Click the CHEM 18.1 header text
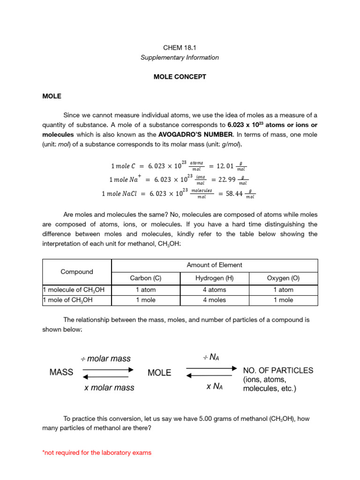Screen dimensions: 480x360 [x=180, y=47]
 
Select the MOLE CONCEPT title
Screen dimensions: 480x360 [x=180, y=76]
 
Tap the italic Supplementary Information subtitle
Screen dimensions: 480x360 [x=180, y=57]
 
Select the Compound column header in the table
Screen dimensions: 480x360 [x=77, y=271]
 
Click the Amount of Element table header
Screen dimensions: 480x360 [x=214, y=265]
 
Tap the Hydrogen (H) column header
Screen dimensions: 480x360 [x=214, y=278]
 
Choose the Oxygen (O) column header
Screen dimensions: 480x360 [x=283, y=278]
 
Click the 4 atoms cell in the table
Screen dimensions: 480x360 [x=214, y=290]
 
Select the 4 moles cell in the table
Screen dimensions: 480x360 [x=214, y=300]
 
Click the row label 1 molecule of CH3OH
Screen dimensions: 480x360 [x=73, y=290]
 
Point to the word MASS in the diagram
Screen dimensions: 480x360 [x=61, y=372]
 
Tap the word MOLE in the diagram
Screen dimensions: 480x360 [x=159, y=373]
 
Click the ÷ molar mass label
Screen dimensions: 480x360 [x=105, y=359]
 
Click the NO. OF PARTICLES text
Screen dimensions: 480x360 [x=278, y=370]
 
